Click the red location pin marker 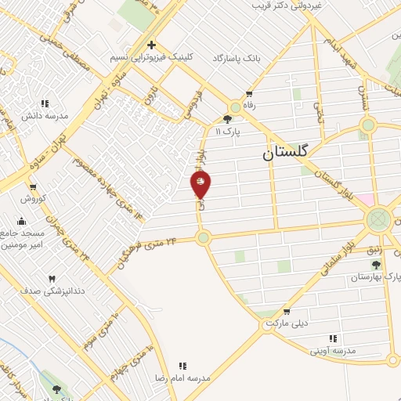[201, 184]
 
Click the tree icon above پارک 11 [227, 120]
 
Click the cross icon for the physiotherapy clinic [151, 45]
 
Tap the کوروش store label [33, 198]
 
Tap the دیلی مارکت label [284, 323]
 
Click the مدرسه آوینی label [334, 350]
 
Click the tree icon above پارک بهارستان [377, 266]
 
